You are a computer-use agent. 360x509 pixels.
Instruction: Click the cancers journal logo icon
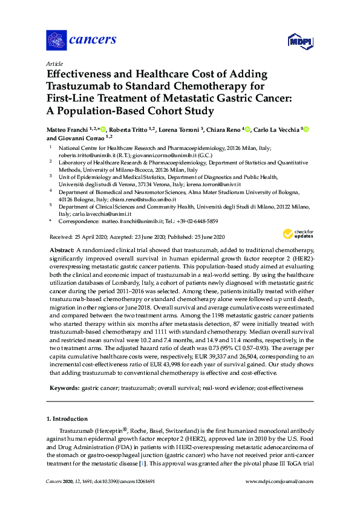pos(56,40)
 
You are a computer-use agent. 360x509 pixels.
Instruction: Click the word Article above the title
pos(54,64)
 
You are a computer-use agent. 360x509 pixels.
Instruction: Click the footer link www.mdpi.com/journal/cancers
pos(280,481)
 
